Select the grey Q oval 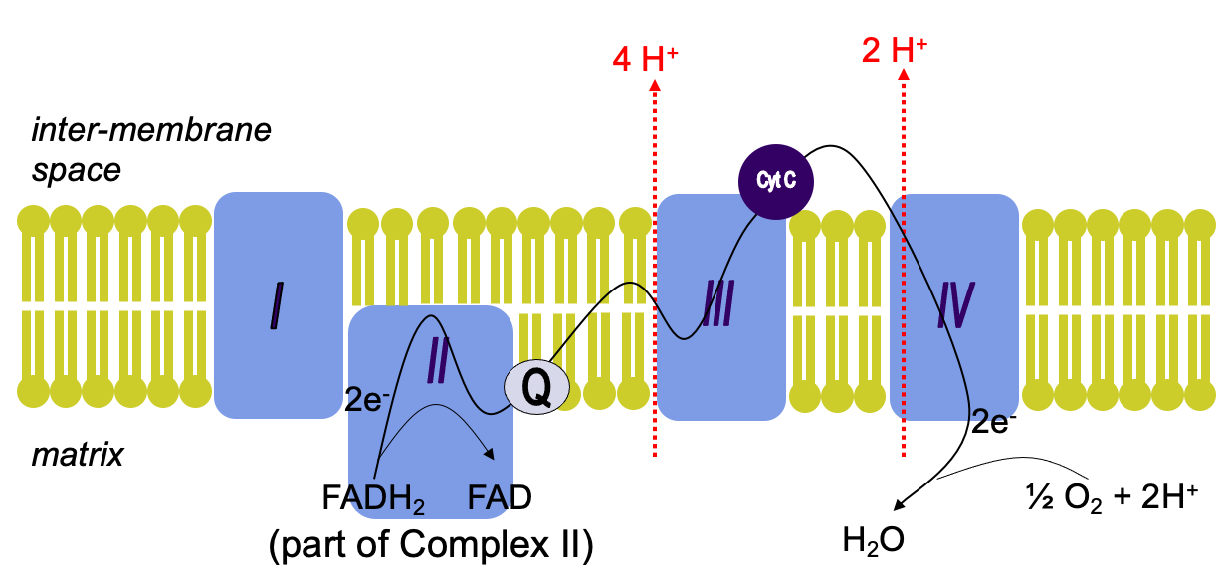[537, 386]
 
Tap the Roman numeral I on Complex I [277, 307]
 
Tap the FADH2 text [373, 496]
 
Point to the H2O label [874, 542]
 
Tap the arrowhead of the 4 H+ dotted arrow [655, 87]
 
